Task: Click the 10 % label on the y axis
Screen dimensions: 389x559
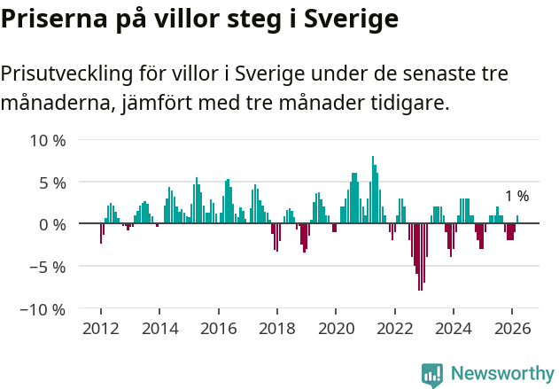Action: pos(48,140)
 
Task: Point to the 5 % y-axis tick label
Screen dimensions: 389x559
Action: pos(51,183)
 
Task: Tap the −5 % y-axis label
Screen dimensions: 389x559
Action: pos(48,267)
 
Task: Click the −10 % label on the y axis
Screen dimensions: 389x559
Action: pos(43,309)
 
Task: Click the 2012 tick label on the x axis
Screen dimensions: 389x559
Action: pos(101,328)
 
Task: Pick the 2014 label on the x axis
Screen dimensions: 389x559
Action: pos(159,328)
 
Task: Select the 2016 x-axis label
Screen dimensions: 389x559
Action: pos(218,328)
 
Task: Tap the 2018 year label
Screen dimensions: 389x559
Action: pos(277,328)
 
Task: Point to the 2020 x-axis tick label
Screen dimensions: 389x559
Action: pos(336,328)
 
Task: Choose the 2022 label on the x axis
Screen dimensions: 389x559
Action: pos(395,328)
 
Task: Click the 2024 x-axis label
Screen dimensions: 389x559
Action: pos(454,328)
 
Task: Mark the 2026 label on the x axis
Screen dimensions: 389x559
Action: pos(512,328)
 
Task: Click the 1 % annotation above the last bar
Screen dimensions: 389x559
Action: pos(516,197)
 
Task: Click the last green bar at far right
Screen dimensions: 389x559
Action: pos(517,220)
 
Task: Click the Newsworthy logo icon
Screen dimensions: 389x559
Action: pos(432,374)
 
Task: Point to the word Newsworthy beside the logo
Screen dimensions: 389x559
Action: pos(501,374)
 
